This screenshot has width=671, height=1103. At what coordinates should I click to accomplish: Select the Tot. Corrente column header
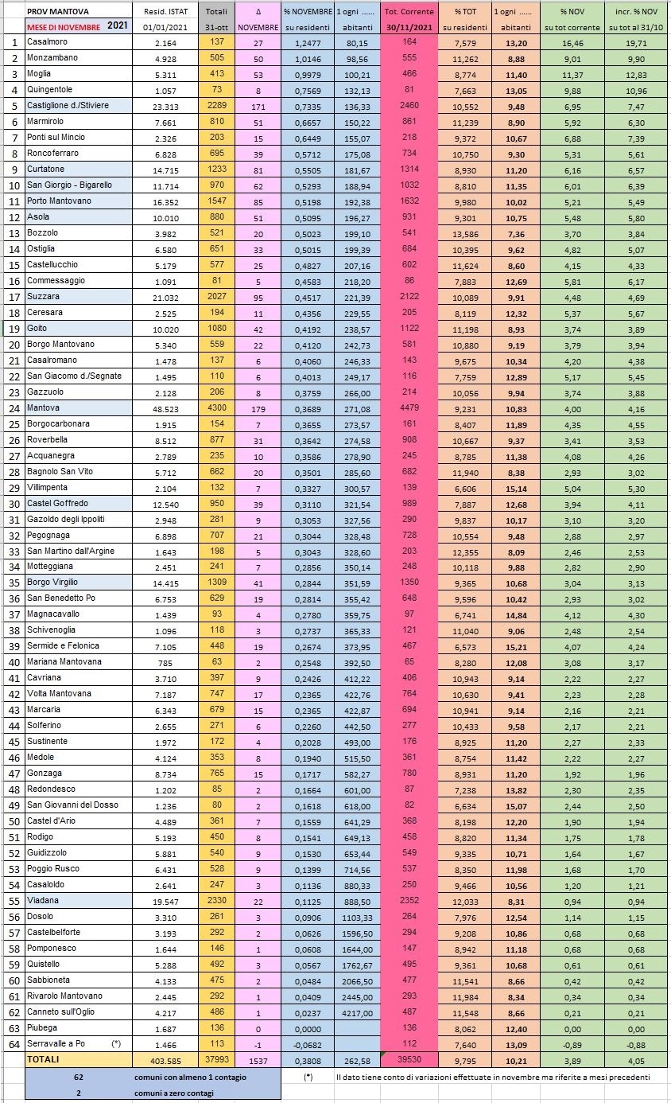[409, 12]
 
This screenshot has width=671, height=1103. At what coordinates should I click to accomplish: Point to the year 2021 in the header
[116, 25]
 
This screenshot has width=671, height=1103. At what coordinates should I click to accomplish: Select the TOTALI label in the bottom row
[44, 1059]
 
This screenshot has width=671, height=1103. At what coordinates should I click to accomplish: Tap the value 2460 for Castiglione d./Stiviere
[409, 105]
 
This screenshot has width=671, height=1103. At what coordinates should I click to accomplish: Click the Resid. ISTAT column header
[165, 12]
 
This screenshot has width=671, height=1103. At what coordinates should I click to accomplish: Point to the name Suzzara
[44, 296]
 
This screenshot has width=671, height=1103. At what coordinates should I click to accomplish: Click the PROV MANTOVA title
[58, 12]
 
